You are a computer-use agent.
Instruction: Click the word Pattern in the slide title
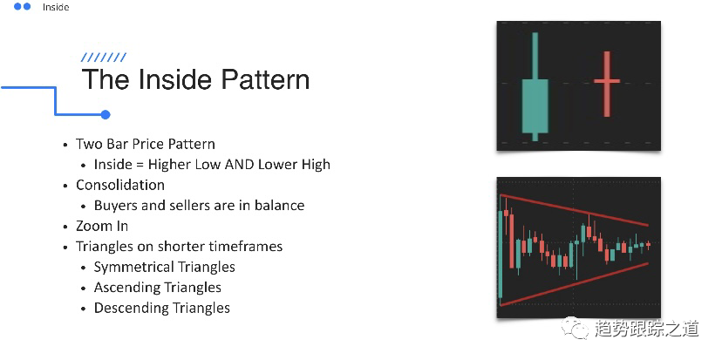point(265,79)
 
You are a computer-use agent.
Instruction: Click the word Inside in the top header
point(56,7)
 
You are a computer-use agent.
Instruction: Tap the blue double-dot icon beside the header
point(22,6)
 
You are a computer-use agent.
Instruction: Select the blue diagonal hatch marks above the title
point(104,57)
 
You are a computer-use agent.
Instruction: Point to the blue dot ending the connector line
point(106,114)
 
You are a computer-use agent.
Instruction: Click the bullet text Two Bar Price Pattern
point(146,144)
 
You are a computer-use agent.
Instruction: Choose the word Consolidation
point(120,185)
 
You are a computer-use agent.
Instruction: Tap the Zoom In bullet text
point(102,226)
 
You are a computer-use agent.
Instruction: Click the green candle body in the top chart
point(535,105)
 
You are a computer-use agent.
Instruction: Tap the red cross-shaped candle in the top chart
point(607,84)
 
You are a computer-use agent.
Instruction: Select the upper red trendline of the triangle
point(574,210)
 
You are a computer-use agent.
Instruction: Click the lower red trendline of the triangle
point(574,284)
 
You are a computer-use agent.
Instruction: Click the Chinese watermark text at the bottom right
point(646,329)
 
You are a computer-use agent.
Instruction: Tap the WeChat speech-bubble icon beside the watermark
point(575,328)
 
